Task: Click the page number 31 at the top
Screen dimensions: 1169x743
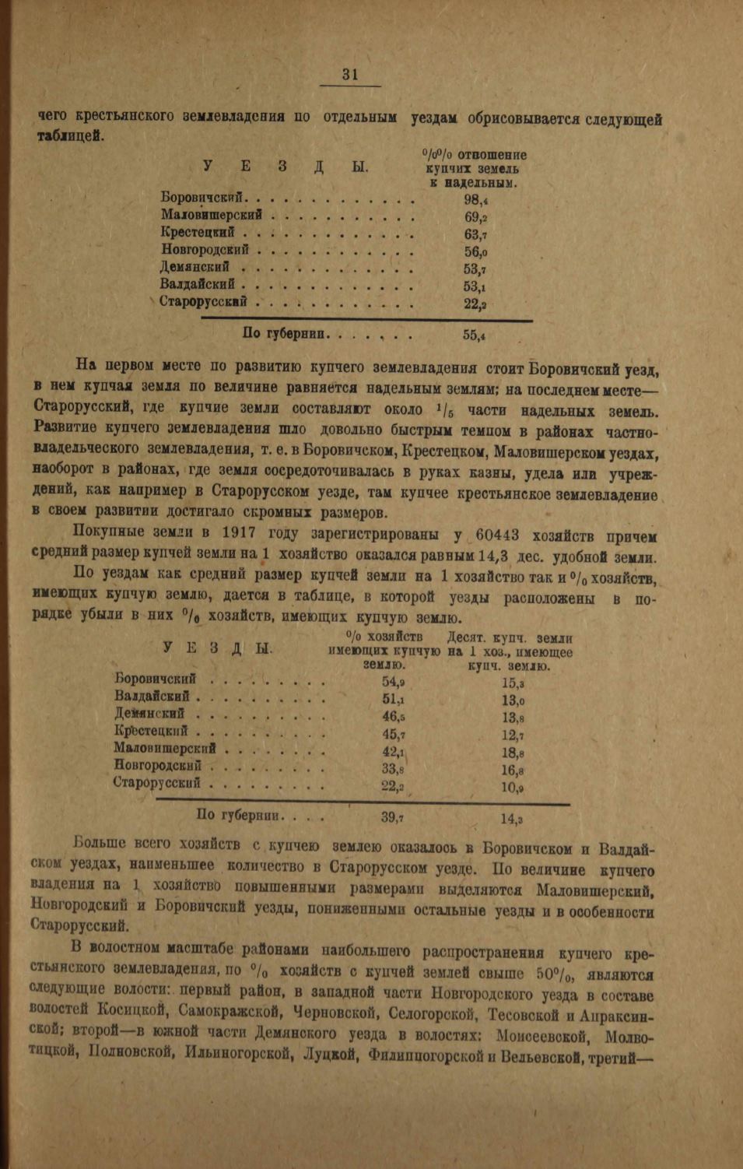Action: point(349,74)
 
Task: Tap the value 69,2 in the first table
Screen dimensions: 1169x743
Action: point(475,217)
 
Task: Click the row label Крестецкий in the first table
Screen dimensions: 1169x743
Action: point(198,233)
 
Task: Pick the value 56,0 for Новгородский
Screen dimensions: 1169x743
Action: point(475,252)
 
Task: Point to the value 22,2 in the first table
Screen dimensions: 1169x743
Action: point(475,304)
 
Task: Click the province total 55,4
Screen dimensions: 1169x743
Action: point(474,335)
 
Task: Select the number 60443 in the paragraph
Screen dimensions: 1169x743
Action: point(505,535)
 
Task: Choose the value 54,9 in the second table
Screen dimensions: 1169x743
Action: point(393,683)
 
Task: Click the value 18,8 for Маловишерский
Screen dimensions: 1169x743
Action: point(512,753)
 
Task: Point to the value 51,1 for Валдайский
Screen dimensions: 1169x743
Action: point(393,700)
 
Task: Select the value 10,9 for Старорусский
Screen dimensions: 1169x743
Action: point(512,788)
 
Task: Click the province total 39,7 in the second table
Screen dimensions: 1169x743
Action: point(392,818)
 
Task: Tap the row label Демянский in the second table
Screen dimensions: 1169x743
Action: point(149,714)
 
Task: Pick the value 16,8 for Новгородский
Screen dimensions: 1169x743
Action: point(512,771)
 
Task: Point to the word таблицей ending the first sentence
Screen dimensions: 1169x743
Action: point(70,135)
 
